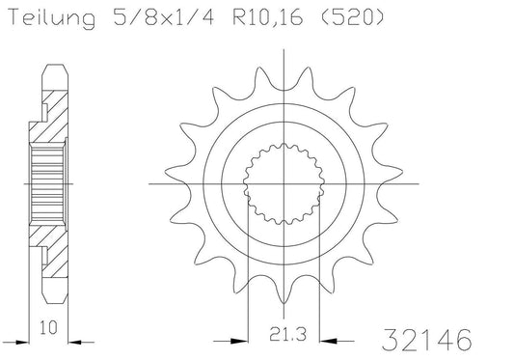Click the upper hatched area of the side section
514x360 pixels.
(x=56, y=116)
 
